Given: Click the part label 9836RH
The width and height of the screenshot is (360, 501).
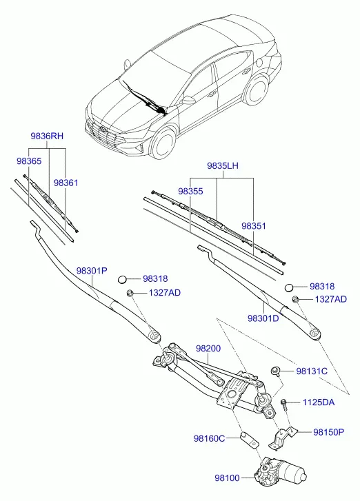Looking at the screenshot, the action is point(47,136).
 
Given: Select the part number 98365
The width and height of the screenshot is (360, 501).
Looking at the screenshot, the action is point(29,161).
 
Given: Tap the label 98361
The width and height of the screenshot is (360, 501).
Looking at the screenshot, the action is point(66,183).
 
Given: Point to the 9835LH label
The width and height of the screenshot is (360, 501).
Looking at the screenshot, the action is point(223,166).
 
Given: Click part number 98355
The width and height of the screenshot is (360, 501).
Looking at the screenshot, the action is point(190,191).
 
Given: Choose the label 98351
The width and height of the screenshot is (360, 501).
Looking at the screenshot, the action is point(254,226).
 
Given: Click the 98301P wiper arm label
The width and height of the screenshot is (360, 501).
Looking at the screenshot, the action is point(92,271).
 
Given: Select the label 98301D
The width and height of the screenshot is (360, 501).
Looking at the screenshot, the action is point(263,318).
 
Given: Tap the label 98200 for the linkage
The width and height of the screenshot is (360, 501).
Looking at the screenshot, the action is point(208,348).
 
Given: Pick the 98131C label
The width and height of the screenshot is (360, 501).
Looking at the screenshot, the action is point(312,371).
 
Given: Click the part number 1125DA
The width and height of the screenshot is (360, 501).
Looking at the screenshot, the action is point(319,402).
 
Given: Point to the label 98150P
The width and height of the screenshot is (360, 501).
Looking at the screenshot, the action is point(329,432).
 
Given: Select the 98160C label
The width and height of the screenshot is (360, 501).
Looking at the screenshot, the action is point(210,438).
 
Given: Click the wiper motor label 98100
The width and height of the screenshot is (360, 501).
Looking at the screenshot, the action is point(227,478).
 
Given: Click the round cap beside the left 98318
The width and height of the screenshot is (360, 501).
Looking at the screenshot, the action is point(123,280).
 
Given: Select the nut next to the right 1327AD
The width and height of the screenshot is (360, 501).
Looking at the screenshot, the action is point(296,299).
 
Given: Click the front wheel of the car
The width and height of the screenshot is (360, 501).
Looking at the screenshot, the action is point(164,144).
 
